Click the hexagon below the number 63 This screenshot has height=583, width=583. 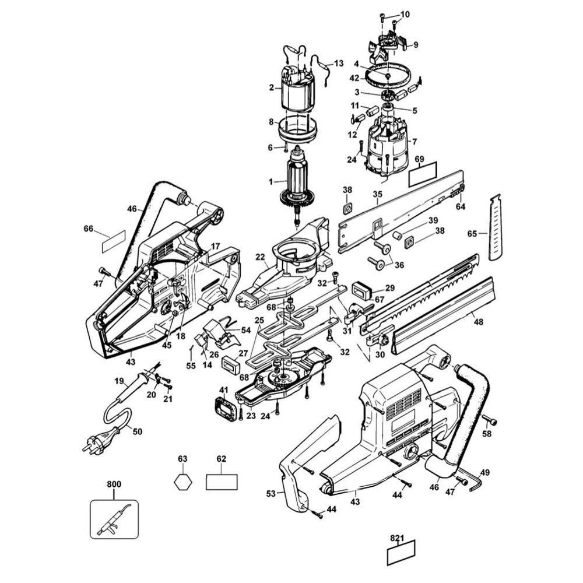(182, 482)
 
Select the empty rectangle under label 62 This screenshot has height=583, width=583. (222, 482)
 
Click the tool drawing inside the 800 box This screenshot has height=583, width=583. (114, 519)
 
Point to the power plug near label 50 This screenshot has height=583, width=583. (99, 438)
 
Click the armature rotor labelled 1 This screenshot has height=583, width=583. (300, 181)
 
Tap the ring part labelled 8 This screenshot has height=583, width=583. (298, 129)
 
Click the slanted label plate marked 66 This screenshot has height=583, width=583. (113, 240)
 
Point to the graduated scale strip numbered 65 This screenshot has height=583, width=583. (496, 227)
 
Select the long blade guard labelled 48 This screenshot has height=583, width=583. (443, 315)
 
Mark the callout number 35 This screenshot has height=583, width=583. (377, 194)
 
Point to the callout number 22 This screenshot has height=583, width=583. (260, 257)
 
